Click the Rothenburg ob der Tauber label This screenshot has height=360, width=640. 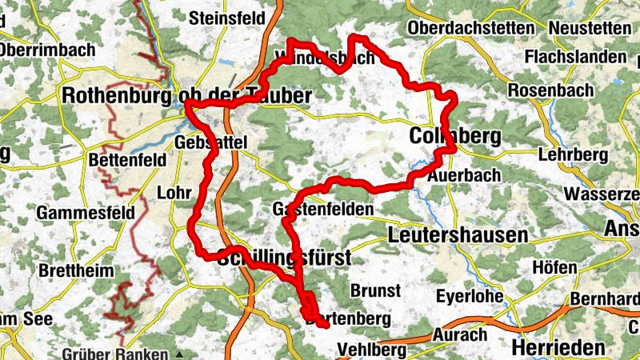pyautogui.click(x=186, y=96)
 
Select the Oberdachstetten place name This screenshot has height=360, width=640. pyautogui.click(x=470, y=28)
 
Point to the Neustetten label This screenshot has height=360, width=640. pyautogui.click(x=590, y=28)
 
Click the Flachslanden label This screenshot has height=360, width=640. pyautogui.click(x=574, y=58)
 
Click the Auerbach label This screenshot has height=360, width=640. pyautogui.click(x=464, y=174)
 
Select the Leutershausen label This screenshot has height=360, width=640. pyautogui.click(x=458, y=235)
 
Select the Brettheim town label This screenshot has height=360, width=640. pyautogui.click(x=76, y=270)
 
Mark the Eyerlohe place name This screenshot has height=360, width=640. pyautogui.click(x=470, y=297)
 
